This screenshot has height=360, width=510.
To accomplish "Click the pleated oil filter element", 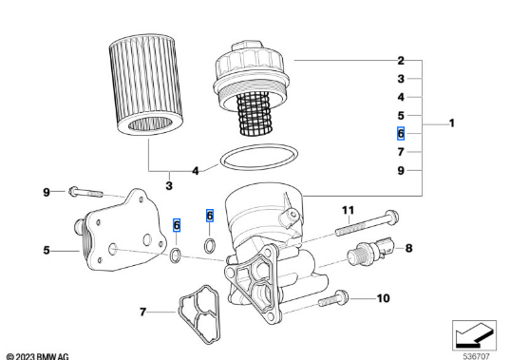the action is [x=145, y=85].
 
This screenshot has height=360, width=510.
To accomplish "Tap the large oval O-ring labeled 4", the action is [x=259, y=157].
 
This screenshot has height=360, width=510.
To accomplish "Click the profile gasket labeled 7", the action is [x=198, y=314].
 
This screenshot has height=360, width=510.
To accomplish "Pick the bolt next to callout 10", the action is [x=333, y=298].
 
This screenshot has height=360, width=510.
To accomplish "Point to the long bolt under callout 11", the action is [x=367, y=223].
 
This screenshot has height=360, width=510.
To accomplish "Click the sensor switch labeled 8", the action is [x=370, y=251].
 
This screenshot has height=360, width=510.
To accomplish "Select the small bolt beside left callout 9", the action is [x=85, y=192].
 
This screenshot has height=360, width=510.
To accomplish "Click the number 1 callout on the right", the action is [x=451, y=123].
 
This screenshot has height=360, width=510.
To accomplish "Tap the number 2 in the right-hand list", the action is [x=401, y=61].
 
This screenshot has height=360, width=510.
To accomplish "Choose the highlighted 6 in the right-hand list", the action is [x=401, y=133].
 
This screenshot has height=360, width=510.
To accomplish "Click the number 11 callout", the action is [x=348, y=210].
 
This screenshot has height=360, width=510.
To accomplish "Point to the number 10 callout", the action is [x=383, y=298].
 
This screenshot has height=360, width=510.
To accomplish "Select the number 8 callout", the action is [x=408, y=248].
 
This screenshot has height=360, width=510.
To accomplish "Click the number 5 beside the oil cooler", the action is [x=47, y=250].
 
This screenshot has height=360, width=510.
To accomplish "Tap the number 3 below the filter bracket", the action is [x=169, y=186].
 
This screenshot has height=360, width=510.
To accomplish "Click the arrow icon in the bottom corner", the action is [x=474, y=335].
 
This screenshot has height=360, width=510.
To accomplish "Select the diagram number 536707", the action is [x=476, y=356].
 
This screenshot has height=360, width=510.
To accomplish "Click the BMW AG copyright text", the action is [x=37, y=356].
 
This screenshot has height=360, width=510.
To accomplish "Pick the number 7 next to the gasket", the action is [x=142, y=313].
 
